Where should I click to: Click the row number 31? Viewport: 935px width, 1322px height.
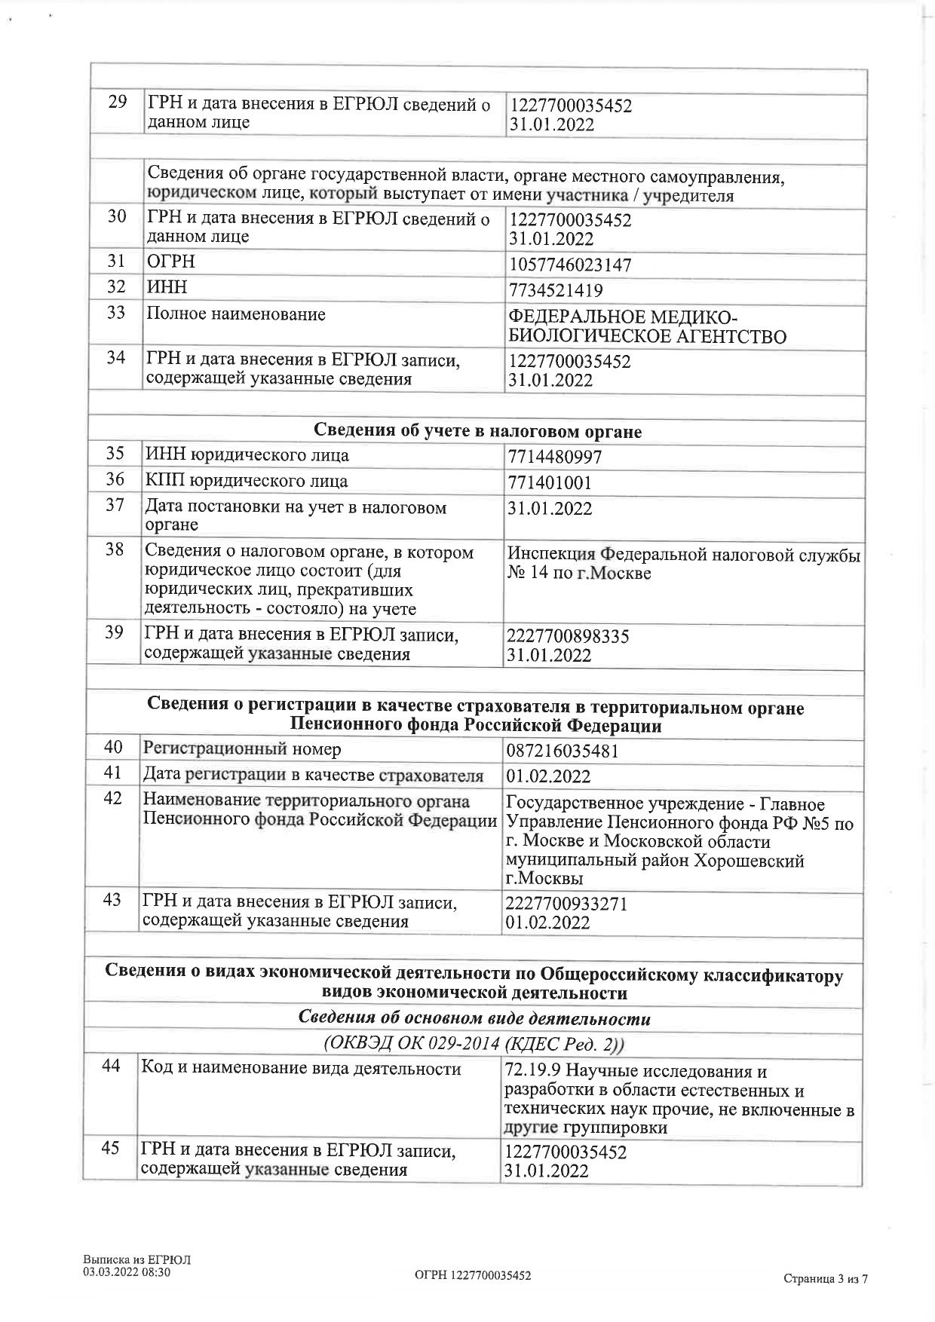(116, 261)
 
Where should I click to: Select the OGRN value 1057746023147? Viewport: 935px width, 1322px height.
(570, 265)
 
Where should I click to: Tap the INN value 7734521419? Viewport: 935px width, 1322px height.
(556, 290)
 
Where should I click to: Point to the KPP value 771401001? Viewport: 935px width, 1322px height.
(550, 483)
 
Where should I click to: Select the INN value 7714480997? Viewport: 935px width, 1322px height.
(555, 457)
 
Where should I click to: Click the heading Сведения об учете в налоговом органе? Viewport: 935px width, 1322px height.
(477, 431)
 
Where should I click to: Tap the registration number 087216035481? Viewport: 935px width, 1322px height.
(563, 751)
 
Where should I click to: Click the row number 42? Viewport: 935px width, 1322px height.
(112, 798)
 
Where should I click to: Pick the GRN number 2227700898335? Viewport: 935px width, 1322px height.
(568, 636)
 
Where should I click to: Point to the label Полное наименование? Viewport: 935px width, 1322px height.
(236, 314)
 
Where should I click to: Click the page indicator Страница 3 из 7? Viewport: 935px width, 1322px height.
(826, 1278)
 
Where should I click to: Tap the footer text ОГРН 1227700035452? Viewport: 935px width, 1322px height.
(473, 1275)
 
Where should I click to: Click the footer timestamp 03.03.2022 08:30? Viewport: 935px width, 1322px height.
(127, 1272)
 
